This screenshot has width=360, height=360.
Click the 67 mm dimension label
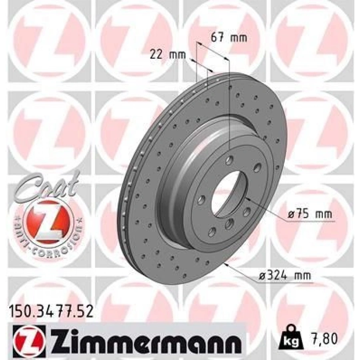(x=228, y=38)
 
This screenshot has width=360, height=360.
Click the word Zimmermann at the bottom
(x=146, y=341)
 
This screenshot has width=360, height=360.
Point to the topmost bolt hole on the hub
(x=229, y=160)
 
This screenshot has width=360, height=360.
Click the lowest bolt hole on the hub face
(x=212, y=231)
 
